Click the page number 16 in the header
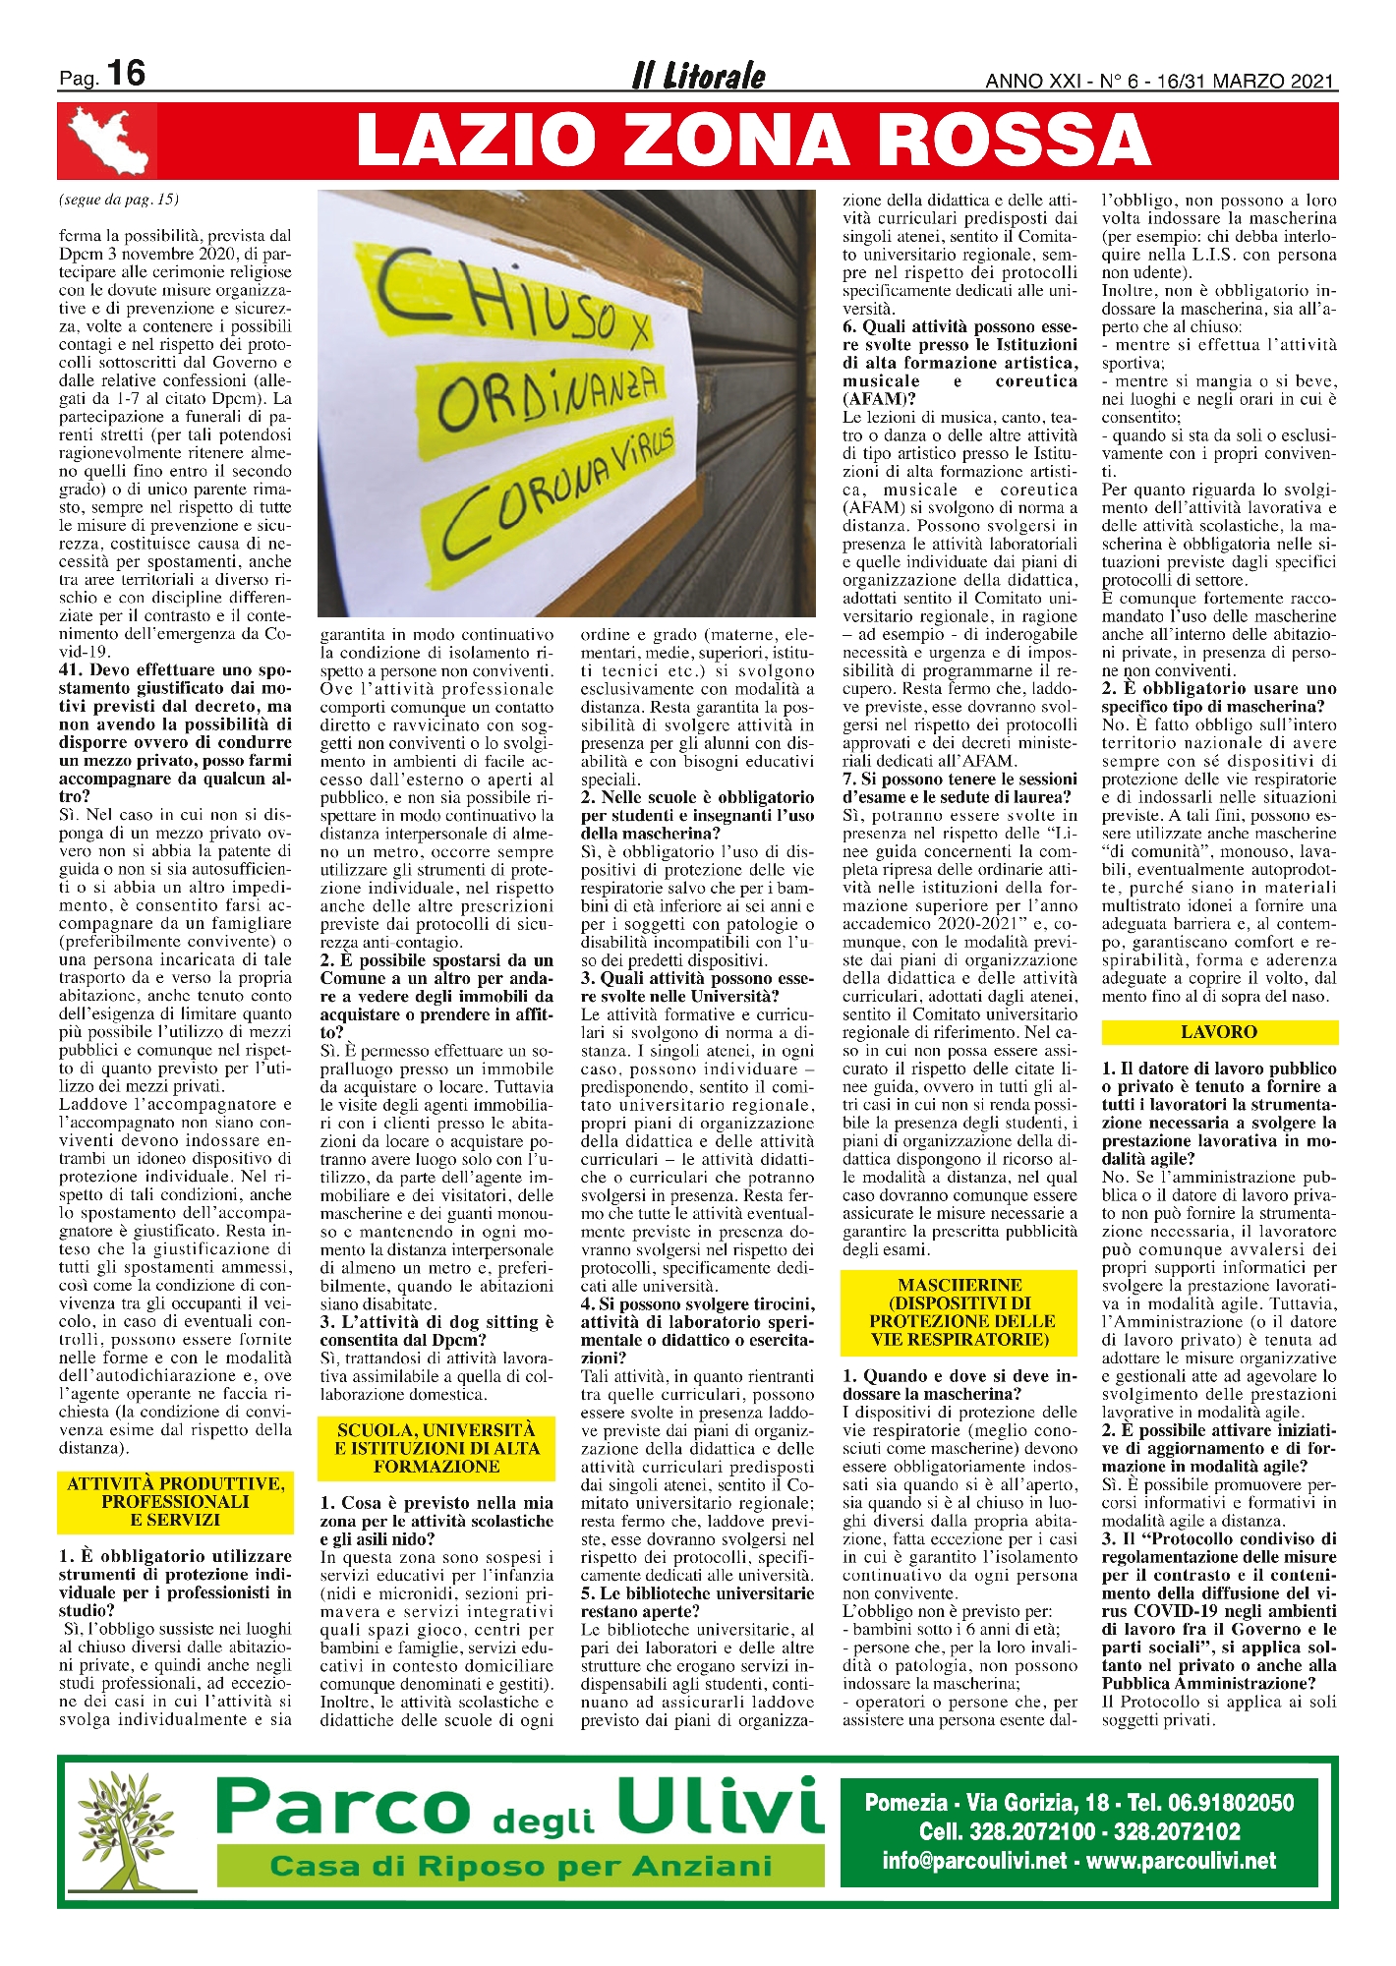[126, 74]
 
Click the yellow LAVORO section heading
[1219, 1032]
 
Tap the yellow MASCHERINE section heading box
[960, 1312]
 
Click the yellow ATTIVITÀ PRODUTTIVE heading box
[176, 1502]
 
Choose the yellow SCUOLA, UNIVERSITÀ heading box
[436, 1448]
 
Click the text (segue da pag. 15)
[119, 200]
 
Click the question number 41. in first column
[74, 670]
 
